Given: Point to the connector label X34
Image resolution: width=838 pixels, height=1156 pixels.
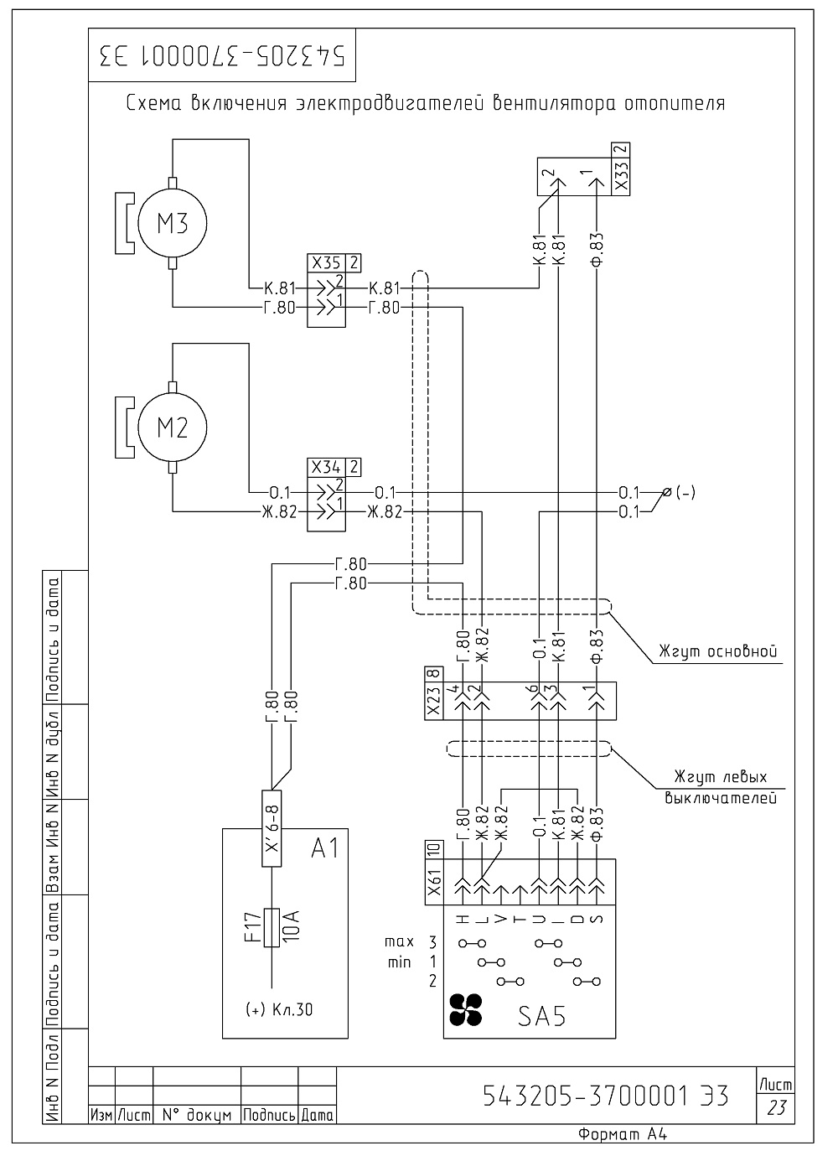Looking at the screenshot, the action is point(326,468).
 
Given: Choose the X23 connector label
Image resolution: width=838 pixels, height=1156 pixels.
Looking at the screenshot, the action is point(433,702).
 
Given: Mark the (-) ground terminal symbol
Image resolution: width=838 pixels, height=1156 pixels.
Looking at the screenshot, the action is point(667,493).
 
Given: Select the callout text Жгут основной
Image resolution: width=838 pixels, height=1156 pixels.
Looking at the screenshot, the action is point(718,651).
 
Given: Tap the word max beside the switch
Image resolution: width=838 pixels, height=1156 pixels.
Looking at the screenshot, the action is point(400,942).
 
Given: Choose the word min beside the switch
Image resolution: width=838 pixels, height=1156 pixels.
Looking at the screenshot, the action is point(400,962).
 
